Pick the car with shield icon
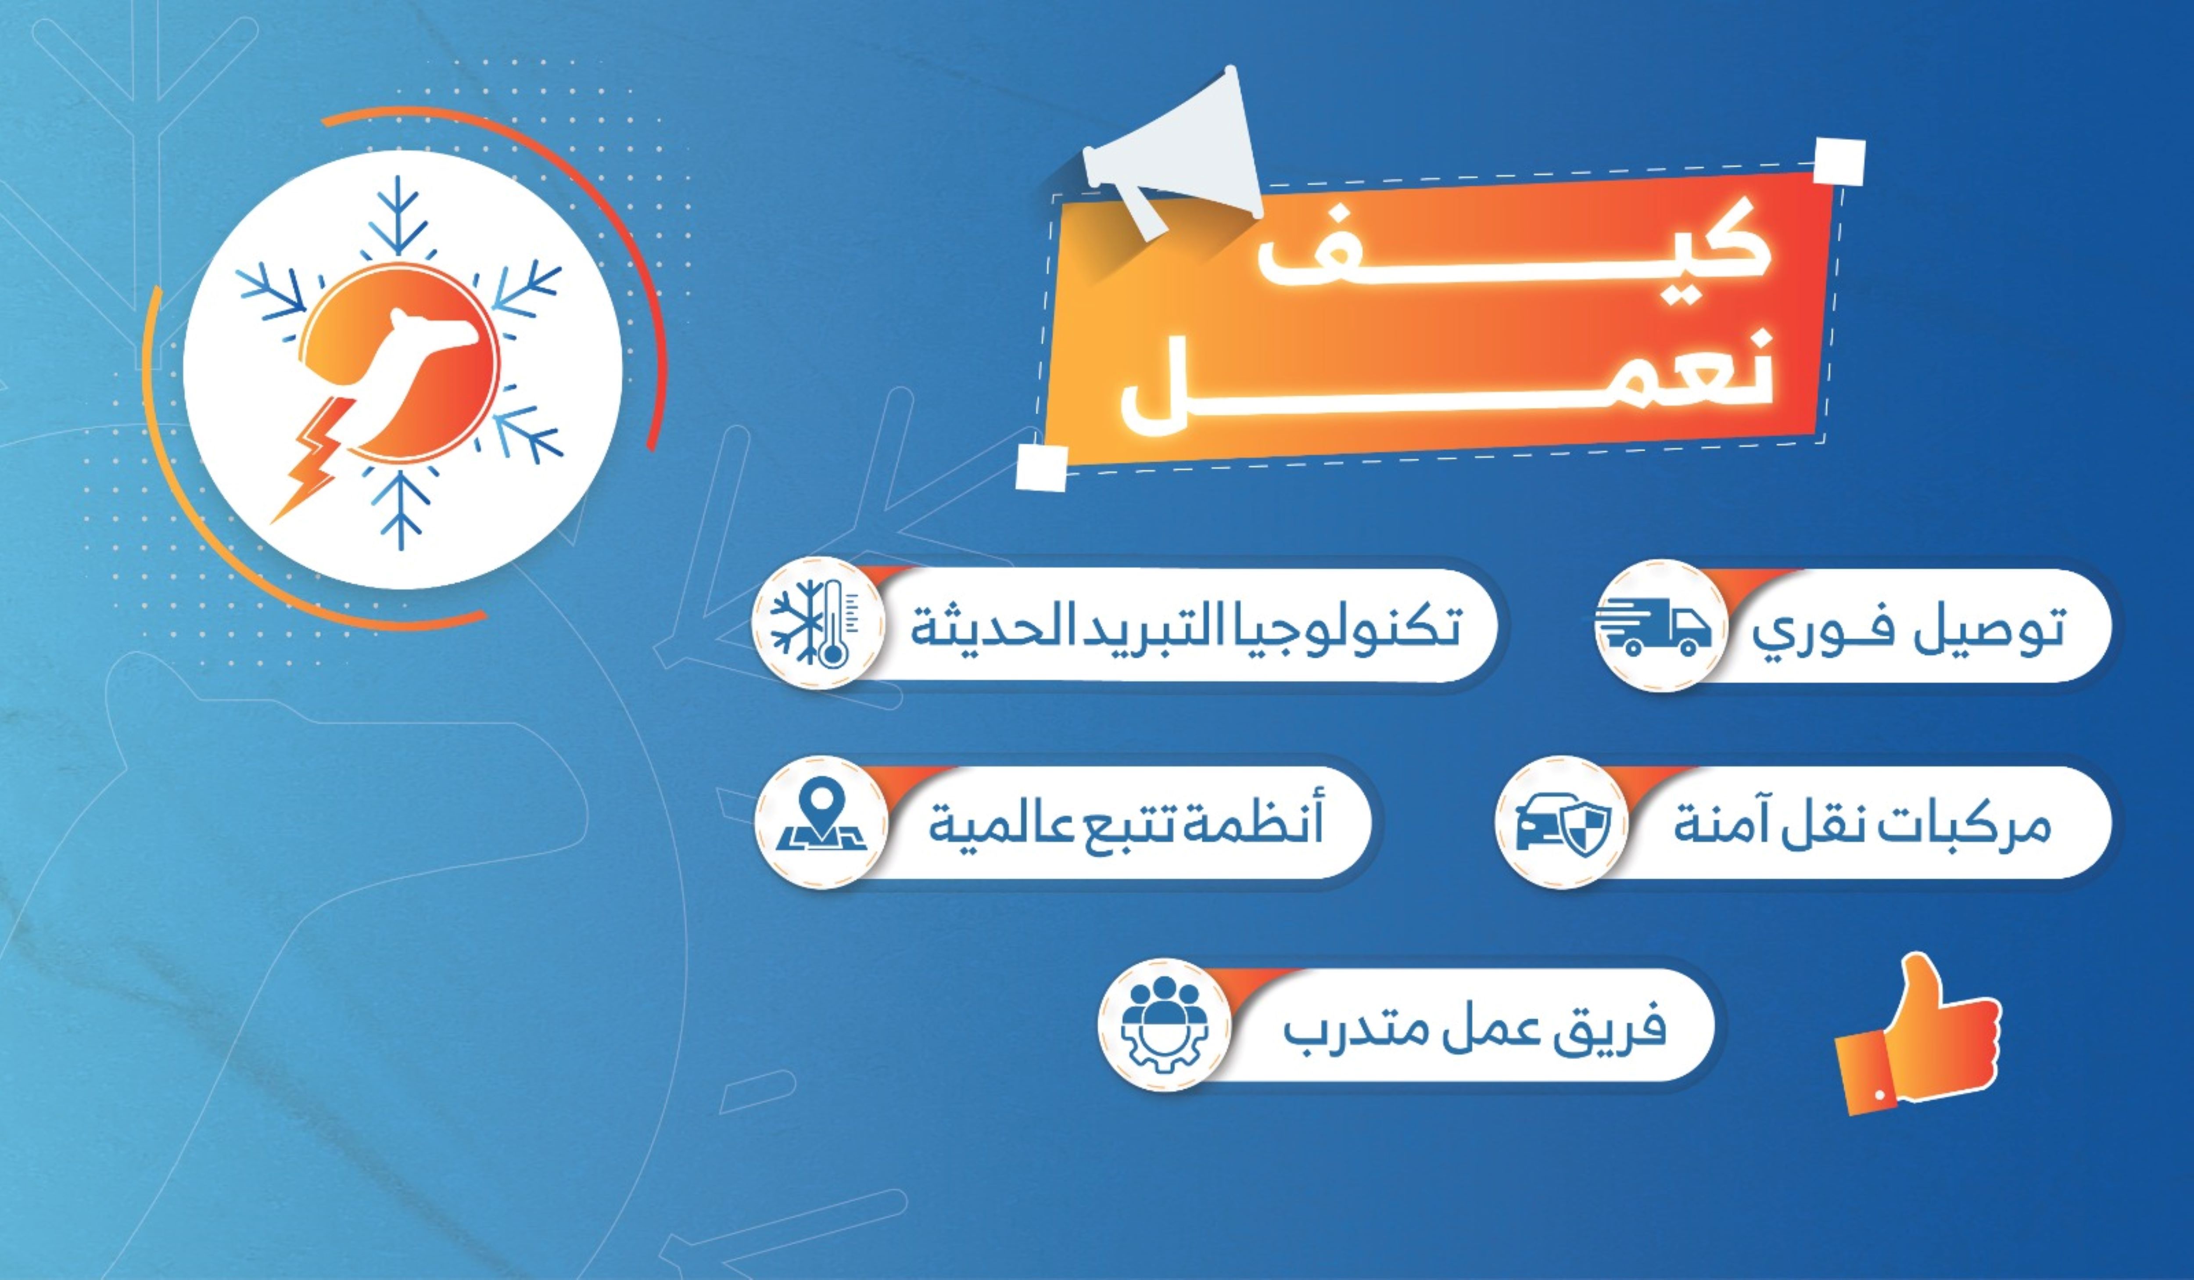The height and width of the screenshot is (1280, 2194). coord(1563,823)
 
